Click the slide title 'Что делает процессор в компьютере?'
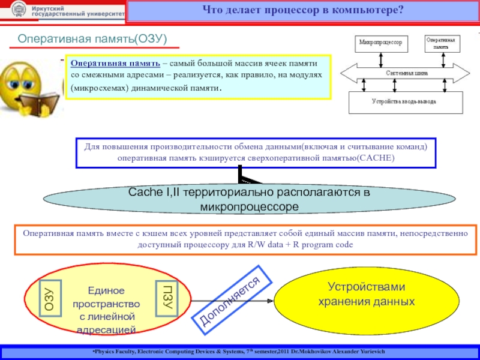(x=303, y=10)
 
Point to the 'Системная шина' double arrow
(x=406, y=73)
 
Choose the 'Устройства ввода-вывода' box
(x=406, y=102)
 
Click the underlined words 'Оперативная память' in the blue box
(x=115, y=63)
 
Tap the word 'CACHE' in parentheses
(x=373, y=157)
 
